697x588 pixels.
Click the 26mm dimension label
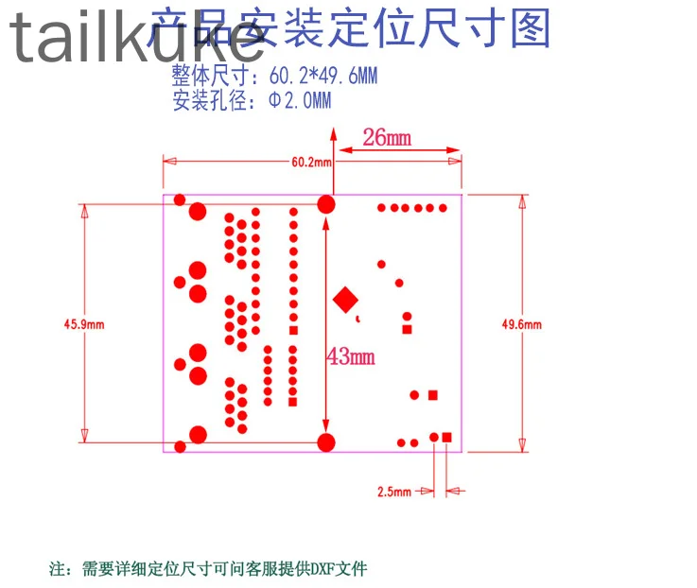click(388, 138)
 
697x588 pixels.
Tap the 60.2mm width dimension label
click(311, 162)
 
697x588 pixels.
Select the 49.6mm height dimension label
click(522, 324)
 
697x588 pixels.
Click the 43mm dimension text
click(351, 356)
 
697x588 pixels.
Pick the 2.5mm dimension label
click(393, 492)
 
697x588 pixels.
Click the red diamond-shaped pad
click(346, 300)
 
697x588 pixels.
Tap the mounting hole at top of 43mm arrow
click(326, 203)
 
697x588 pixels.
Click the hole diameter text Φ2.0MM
click(300, 101)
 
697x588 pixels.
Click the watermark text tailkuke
click(137, 38)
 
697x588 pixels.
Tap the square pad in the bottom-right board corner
click(447, 437)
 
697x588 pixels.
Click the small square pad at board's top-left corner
click(177, 199)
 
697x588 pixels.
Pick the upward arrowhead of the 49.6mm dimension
click(521, 200)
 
